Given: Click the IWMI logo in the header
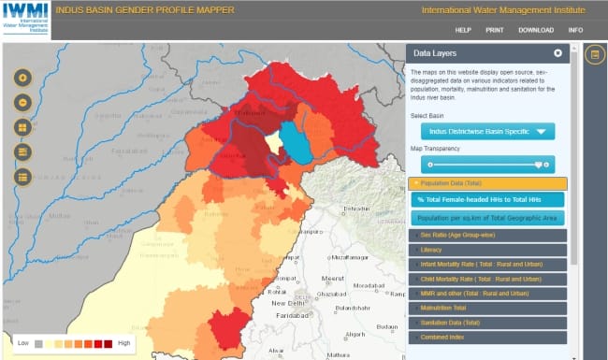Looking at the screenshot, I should tap(25, 20).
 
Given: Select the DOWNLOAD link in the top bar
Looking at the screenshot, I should tap(536, 30).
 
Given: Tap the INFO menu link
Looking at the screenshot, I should tap(575, 30).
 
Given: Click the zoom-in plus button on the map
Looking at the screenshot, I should tap(22, 78).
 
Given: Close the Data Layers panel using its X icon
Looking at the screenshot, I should tap(557, 53).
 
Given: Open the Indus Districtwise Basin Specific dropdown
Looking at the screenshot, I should tap(487, 132).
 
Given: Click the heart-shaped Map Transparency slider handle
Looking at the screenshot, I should tap(540, 164).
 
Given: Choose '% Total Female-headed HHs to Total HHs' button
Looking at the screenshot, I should tap(486, 199).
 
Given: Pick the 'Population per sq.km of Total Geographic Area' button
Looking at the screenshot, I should tap(486, 218).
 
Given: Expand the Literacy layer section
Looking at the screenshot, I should tap(486, 250).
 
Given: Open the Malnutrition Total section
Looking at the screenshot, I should tap(486, 308).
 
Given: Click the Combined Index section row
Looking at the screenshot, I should tap(486, 337).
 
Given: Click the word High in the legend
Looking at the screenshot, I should tap(124, 343).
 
